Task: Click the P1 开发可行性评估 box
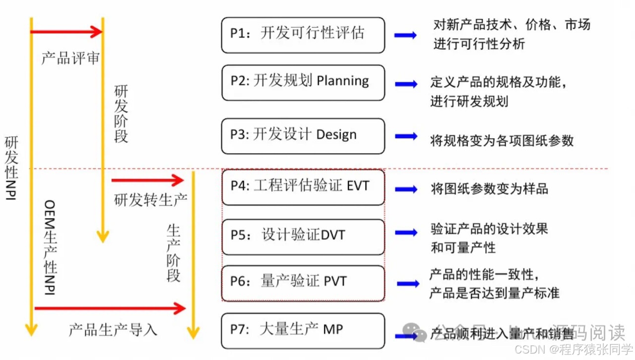pyautogui.click(x=303, y=35)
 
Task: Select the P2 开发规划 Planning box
pyautogui.click(x=303, y=82)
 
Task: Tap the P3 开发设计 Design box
pyautogui.click(x=303, y=135)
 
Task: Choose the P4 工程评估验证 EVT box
pyautogui.click(x=303, y=186)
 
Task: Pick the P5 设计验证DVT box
pyautogui.click(x=303, y=236)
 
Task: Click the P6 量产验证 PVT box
pyautogui.click(x=303, y=283)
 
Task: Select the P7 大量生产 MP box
pyautogui.click(x=303, y=330)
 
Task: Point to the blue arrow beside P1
pyautogui.click(x=405, y=35)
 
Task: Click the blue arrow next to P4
pyautogui.click(x=406, y=188)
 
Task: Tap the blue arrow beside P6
pyautogui.click(x=408, y=284)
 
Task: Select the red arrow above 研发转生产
pyautogui.click(x=147, y=180)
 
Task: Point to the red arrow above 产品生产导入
pyautogui.click(x=110, y=309)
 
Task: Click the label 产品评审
pyautogui.click(x=70, y=59)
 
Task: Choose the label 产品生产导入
pyautogui.click(x=113, y=330)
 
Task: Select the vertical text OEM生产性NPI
pyautogui.click(x=50, y=247)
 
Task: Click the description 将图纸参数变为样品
pyautogui.click(x=489, y=188)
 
